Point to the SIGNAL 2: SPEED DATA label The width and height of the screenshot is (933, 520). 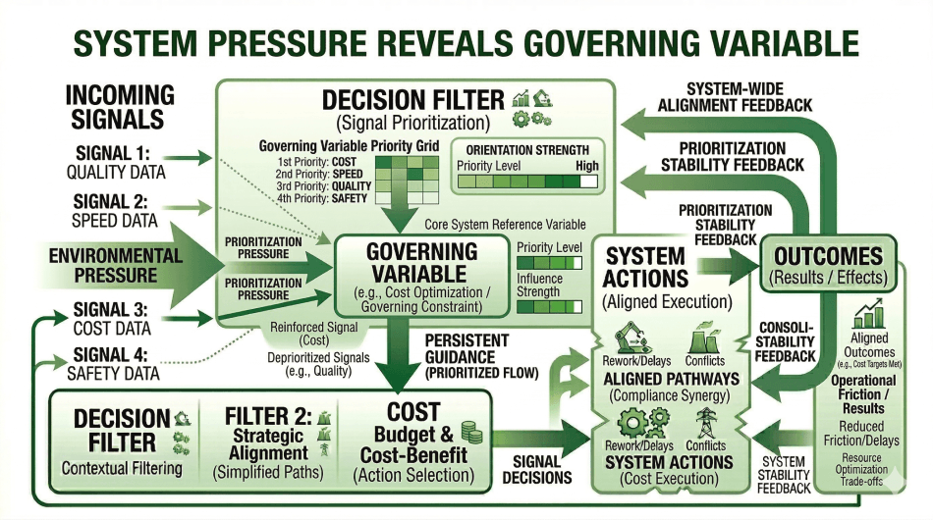coord(115,211)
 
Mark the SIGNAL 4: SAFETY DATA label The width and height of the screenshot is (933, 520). coord(116,363)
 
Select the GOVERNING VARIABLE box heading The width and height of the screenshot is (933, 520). coord(421,263)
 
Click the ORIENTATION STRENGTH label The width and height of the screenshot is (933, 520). coord(526,149)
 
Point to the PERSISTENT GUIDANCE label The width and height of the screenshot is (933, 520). coord(473,352)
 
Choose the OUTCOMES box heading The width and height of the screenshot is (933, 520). coord(828,256)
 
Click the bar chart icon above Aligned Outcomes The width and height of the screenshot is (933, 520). coord(869,314)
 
